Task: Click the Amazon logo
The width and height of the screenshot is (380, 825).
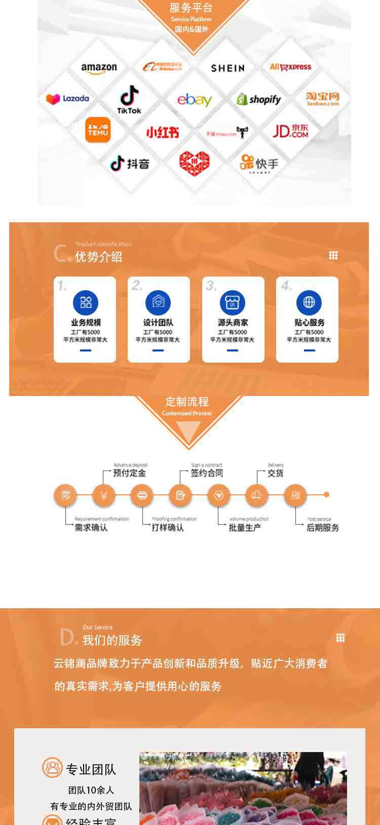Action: coord(99,68)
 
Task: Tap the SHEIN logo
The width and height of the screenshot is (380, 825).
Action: coord(227,68)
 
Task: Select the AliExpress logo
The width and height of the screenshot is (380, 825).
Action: coord(290,67)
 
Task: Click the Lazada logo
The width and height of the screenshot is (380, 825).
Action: coord(67,99)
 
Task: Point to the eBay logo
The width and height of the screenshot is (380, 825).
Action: coord(194,100)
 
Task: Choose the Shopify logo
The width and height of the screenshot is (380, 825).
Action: coord(259,99)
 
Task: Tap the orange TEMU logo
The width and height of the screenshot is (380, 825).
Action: coord(98,130)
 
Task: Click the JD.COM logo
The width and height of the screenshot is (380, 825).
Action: coord(290,131)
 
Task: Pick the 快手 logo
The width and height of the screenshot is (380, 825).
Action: coord(259,163)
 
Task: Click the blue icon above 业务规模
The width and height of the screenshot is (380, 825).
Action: coord(86,302)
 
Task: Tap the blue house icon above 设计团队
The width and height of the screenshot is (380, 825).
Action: coord(158,302)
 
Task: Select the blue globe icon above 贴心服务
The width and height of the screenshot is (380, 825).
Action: coord(309,302)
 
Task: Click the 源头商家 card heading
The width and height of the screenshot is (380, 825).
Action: coord(233,323)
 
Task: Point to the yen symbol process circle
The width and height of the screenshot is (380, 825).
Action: coord(104,495)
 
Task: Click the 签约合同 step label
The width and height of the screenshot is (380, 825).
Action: coord(207,473)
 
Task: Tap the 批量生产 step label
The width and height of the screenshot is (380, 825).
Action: coord(245,528)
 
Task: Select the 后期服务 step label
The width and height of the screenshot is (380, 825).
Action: coord(323,528)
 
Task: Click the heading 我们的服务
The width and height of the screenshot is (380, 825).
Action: coord(112,640)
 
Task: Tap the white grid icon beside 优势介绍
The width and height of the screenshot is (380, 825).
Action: coord(333,255)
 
